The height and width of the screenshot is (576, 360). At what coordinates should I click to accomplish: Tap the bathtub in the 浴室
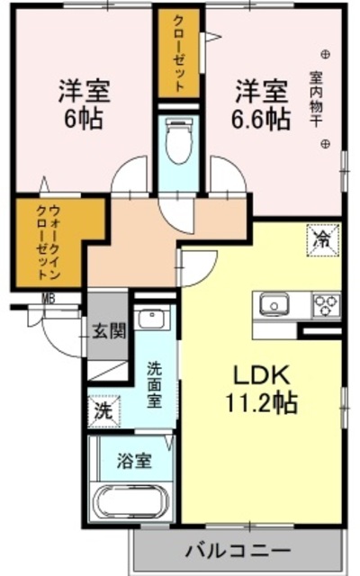coord(133,501)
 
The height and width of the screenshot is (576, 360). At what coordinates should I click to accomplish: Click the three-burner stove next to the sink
coord(325,305)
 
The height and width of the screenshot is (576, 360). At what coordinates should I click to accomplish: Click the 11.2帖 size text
coord(262,402)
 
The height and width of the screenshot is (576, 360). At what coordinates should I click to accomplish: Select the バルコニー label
coord(238,549)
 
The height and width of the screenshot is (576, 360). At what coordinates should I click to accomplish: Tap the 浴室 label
coord(134,461)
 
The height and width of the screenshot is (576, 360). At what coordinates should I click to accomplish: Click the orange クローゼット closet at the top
coord(180,54)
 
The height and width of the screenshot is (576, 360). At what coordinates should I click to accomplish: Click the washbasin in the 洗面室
coord(153,319)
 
